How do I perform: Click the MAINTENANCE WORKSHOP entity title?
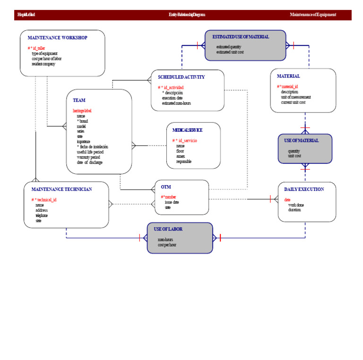57,38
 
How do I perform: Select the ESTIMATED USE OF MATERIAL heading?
241,37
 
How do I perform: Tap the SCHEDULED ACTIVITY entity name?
181,77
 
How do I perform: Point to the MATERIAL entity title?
288,76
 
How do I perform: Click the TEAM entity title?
79,100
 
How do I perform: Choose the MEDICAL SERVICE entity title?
187,130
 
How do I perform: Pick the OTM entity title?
165,187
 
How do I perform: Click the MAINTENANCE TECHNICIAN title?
61,189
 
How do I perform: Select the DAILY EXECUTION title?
304,189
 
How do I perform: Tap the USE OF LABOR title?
168,229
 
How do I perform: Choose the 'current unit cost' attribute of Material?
293,103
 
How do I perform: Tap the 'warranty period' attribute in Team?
88,157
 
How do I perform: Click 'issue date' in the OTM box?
172,202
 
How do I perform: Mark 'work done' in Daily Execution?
296,205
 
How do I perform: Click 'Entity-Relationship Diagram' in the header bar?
187,15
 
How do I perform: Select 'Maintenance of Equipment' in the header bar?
313,15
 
